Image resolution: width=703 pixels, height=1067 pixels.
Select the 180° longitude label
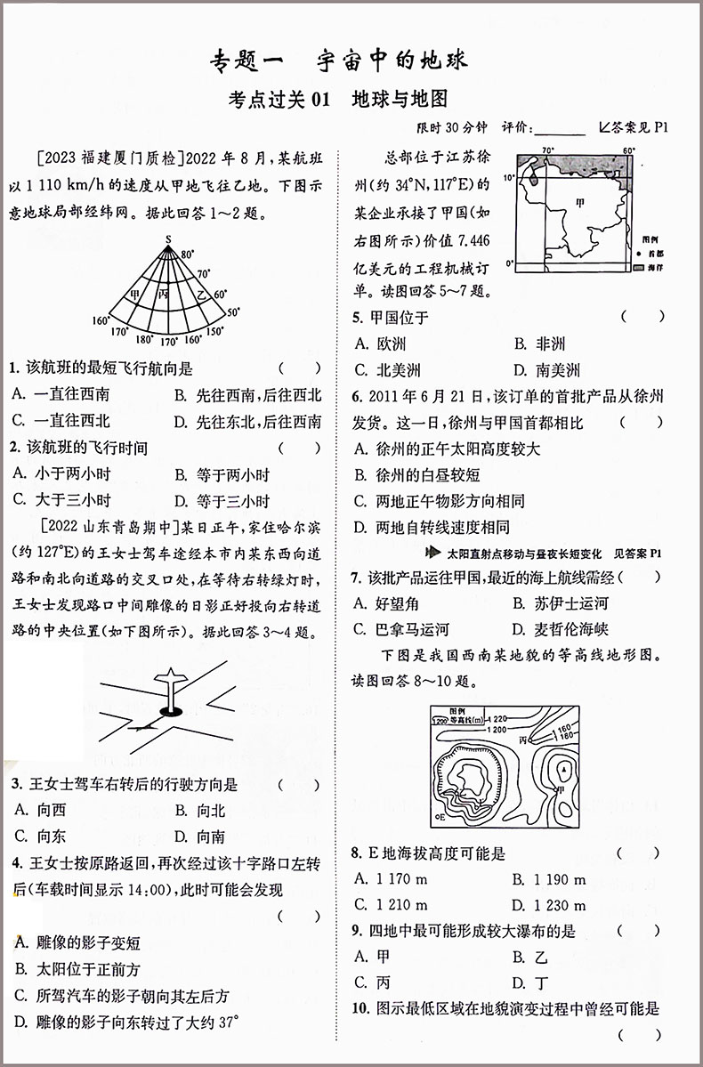click(143, 339)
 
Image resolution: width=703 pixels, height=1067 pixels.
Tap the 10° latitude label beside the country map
click(509, 177)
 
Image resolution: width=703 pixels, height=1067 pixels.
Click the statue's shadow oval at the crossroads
click(170, 710)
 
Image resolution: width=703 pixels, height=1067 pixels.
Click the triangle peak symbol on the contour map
click(563, 767)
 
